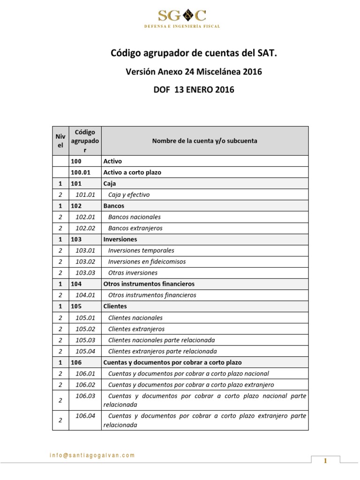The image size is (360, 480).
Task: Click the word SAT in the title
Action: [x=269, y=54]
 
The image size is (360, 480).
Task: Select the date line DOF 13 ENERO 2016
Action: [x=194, y=90]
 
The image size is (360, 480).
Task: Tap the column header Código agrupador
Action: [x=85, y=140]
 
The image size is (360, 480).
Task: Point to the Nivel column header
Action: [x=60, y=140]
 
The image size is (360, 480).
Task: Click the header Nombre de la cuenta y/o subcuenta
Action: [x=204, y=140]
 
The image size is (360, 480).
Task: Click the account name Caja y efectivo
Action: [x=129, y=195]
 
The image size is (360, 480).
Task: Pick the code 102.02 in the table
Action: [x=85, y=228]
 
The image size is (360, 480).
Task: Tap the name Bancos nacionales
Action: [x=134, y=217]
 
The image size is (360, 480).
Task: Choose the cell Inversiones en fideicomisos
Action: [x=147, y=262]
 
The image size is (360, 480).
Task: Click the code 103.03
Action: [x=85, y=273]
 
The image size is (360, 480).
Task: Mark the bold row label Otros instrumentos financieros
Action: [x=149, y=284]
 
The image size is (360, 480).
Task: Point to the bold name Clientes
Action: [x=115, y=307]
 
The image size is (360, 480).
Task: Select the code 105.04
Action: [x=85, y=351]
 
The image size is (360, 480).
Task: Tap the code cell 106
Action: [x=76, y=362]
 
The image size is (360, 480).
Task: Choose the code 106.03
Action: [x=85, y=396]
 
